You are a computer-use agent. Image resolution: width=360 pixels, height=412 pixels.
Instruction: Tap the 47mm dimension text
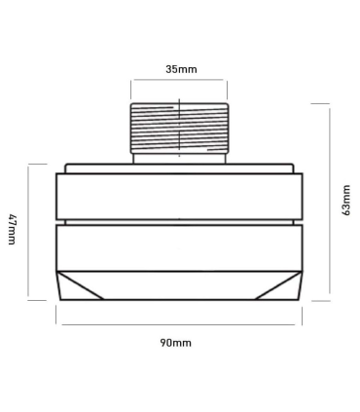tap(12, 232)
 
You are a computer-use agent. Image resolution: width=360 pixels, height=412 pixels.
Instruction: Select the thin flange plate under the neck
tap(180, 168)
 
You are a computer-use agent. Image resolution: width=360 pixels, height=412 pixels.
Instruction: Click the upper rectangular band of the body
tap(180, 195)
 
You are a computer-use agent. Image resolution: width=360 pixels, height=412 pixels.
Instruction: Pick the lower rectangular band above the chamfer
tap(180, 245)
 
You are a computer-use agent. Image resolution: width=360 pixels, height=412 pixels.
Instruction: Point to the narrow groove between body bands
tap(180, 221)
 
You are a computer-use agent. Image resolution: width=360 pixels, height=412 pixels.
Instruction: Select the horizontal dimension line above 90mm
tap(180, 323)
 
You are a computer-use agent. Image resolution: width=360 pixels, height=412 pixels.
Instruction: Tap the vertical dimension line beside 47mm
tap(29, 232)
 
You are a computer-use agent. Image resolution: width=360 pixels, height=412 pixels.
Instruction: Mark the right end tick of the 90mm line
tap(305, 323)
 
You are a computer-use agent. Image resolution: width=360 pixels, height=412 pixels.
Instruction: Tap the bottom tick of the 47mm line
tap(29, 301)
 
